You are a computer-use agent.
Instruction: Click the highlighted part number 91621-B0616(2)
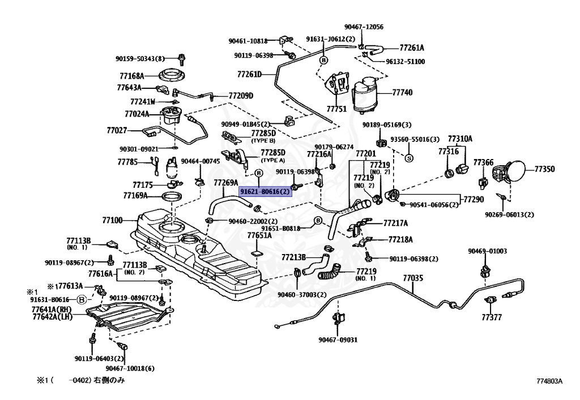pyautogui.click(x=265, y=192)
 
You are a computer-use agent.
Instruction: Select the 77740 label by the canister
pyautogui.click(x=403, y=92)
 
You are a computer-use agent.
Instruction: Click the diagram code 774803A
pyautogui.click(x=549, y=381)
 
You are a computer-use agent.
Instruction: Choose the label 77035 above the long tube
pyautogui.click(x=413, y=278)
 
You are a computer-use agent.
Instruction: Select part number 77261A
pyautogui.click(x=412, y=48)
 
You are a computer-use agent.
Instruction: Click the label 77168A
pyautogui.click(x=132, y=75)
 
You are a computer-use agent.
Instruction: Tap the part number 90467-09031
pyautogui.click(x=338, y=339)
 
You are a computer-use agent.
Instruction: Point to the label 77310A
pyautogui.click(x=460, y=138)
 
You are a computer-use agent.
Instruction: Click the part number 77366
pyautogui.click(x=484, y=162)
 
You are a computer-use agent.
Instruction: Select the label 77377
pyautogui.click(x=492, y=317)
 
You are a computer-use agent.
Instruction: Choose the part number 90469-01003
pyautogui.click(x=487, y=251)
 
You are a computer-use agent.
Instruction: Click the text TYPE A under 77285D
pyautogui.click(x=272, y=161)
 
